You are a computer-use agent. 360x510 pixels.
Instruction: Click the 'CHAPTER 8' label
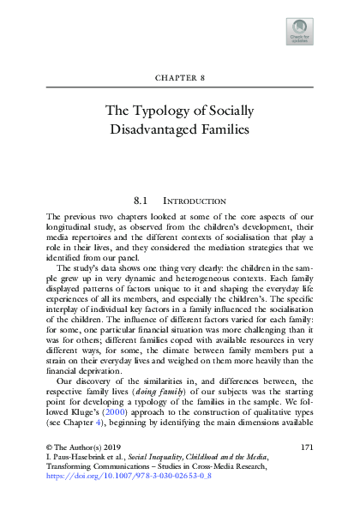coord(181,78)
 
